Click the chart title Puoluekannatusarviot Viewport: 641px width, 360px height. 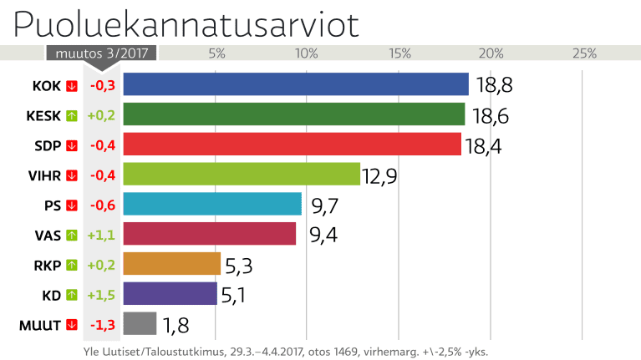click(186, 25)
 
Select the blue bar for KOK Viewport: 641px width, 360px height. click(296, 84)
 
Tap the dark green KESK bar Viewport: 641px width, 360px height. click(294, 114)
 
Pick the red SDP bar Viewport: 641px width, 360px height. click(293, 144)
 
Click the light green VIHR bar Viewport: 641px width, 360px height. click(242, 174)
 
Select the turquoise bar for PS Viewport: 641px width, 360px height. click(212, 204)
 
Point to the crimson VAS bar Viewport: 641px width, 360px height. click(210, 234)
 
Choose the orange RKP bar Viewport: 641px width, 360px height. click(172, 264)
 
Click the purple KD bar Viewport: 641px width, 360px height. click(170, 294)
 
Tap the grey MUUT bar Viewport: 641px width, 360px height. click(140, 323)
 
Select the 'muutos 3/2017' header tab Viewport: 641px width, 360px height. click(101, 53)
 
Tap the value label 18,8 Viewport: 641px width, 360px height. click(493, 85)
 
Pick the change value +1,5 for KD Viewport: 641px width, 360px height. click(102, 295)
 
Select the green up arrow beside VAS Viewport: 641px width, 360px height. click(71, 236)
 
